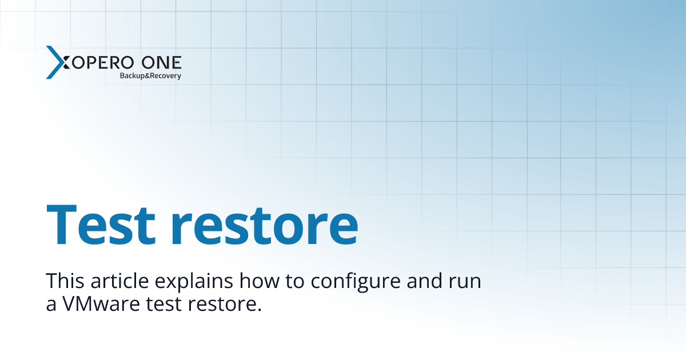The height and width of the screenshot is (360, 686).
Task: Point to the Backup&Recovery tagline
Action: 150,75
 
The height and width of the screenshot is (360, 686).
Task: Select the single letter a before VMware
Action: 51,305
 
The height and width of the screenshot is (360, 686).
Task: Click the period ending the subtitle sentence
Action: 259,309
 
